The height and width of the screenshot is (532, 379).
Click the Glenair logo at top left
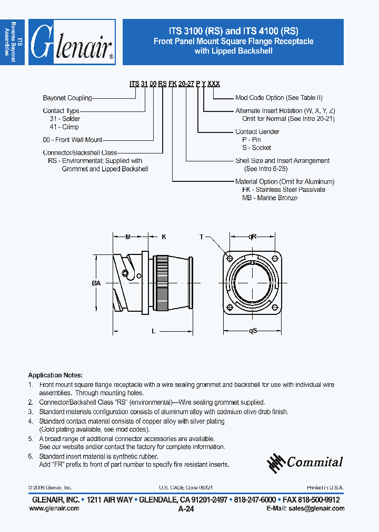click(72, 42)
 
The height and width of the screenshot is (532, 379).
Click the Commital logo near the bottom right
click(305, 462)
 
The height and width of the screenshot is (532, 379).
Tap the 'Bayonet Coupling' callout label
click(67, 98)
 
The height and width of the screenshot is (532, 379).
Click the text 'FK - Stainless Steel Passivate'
click(283, 190)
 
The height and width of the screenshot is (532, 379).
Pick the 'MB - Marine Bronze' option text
click(270, 198)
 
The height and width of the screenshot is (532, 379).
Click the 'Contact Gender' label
click(257, 132)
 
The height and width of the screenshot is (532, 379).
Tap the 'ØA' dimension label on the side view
click(96, 283)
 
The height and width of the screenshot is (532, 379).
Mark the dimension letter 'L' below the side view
click(153, 331)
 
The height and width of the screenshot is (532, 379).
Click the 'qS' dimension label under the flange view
click(253, 331)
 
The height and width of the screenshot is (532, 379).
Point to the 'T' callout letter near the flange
click(201, 237)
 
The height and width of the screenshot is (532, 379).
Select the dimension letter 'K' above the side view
click(163, 237)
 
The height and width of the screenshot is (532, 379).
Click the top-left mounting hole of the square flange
click(230, 258)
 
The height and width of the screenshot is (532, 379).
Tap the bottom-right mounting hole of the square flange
click(276, 308)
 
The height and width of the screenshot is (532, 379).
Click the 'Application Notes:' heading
click(55, 375)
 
